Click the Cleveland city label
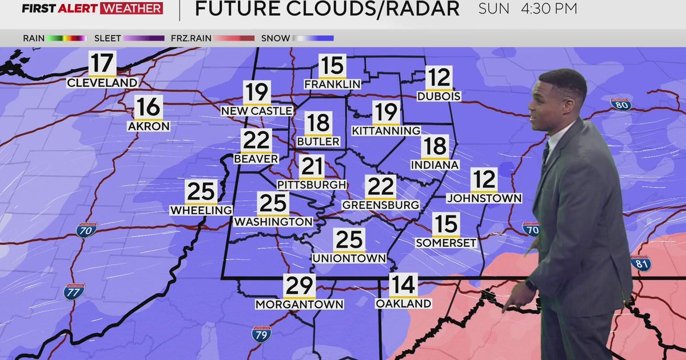point(102,83)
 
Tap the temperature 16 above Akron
point(149,107)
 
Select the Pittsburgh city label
point(312,185)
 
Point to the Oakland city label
point(403,303)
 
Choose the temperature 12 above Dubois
point(438,78)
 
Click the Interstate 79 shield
point(261,334)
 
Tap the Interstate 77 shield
point(74,291)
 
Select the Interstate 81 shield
point(641,263)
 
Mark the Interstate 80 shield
point(620,104)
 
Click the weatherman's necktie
point(545,154)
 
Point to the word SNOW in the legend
point(275,38)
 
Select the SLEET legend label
point(107,38)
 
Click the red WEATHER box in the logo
point(131,9)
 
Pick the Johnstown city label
point(484,198)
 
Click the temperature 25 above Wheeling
point(201,192)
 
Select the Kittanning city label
point(386,131)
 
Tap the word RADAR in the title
point(426,9)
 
